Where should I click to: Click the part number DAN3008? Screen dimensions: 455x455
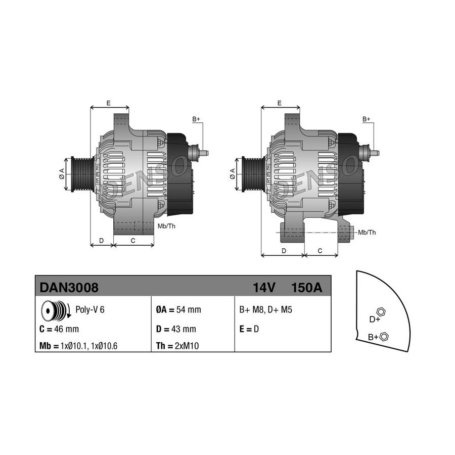pyautogui.click(x=69, y=288)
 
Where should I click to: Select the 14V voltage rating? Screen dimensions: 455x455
pyautogui.click(x=264, y=288)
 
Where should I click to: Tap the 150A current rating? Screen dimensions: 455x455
pyautogui.click(x=306, y=288)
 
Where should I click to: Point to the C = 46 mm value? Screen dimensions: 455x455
pyautogui.click(x=59, y=329)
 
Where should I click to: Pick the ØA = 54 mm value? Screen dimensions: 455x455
pyautogui.click(x=178, y=309)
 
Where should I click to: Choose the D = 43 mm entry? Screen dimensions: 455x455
pyautogui.click(x=176, y=329)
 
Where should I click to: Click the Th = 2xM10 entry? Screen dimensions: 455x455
pyautogui.click(x=177, y=346)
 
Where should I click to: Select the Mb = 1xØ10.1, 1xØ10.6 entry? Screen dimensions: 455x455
pyautogui.click(x=78, y=346)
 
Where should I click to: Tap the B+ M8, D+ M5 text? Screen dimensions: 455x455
pyautogui.click(x=265, y=309)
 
